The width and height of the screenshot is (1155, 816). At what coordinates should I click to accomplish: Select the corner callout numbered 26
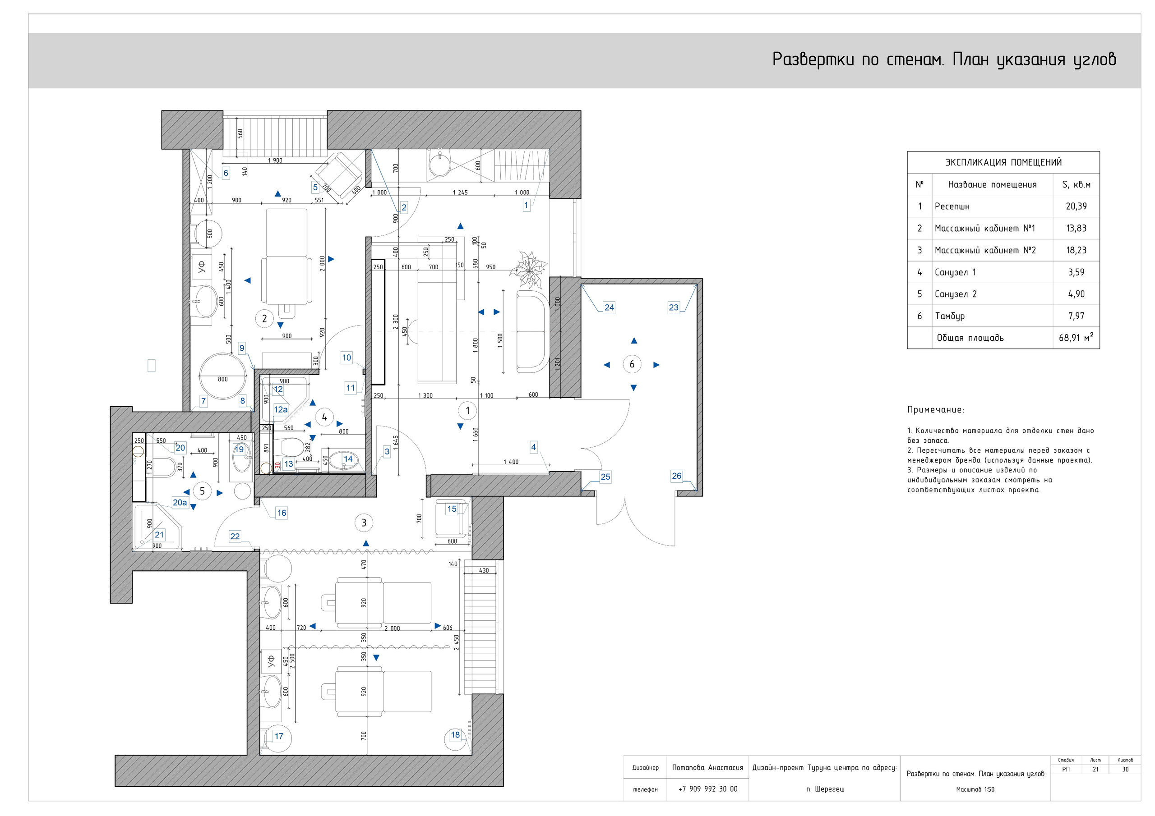click(677, 476)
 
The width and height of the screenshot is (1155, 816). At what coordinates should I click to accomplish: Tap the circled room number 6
click(633, 364)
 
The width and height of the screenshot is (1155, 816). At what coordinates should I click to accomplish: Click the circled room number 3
click(364, 523)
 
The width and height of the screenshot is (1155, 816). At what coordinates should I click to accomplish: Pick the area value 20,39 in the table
click(1076, 206)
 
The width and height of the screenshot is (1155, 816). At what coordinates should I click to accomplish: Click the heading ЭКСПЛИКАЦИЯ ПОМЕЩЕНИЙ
click(1003, 162)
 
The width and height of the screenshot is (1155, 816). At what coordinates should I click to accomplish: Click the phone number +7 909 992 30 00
click(708, 789)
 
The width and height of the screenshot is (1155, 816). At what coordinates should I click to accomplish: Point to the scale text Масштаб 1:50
click(975, 789)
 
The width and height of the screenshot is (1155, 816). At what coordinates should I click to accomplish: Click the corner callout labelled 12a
click(281, 409)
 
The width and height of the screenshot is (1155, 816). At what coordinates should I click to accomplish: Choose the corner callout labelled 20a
click(180, 502)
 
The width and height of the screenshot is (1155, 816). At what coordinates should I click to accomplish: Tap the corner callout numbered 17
click(279, 736)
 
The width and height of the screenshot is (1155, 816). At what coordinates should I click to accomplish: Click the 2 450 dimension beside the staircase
click(456, 642)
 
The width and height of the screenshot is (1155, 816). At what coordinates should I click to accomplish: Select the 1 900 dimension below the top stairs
click(275, 160)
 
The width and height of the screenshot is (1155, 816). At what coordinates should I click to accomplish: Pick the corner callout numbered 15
click(452, 509)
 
